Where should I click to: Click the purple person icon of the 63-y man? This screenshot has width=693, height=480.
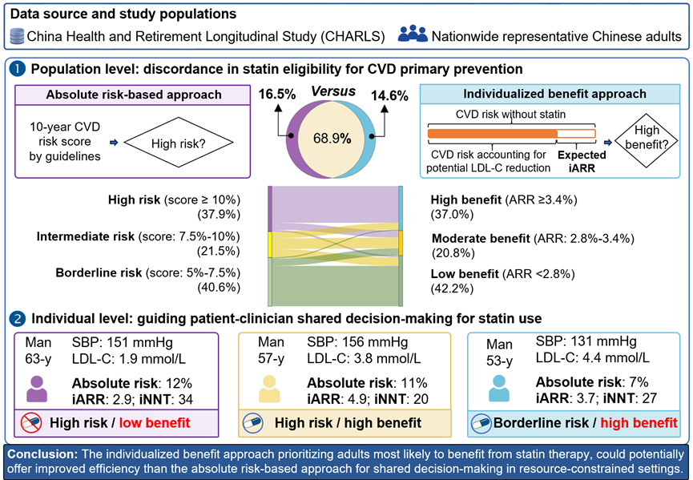pos(38,388)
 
